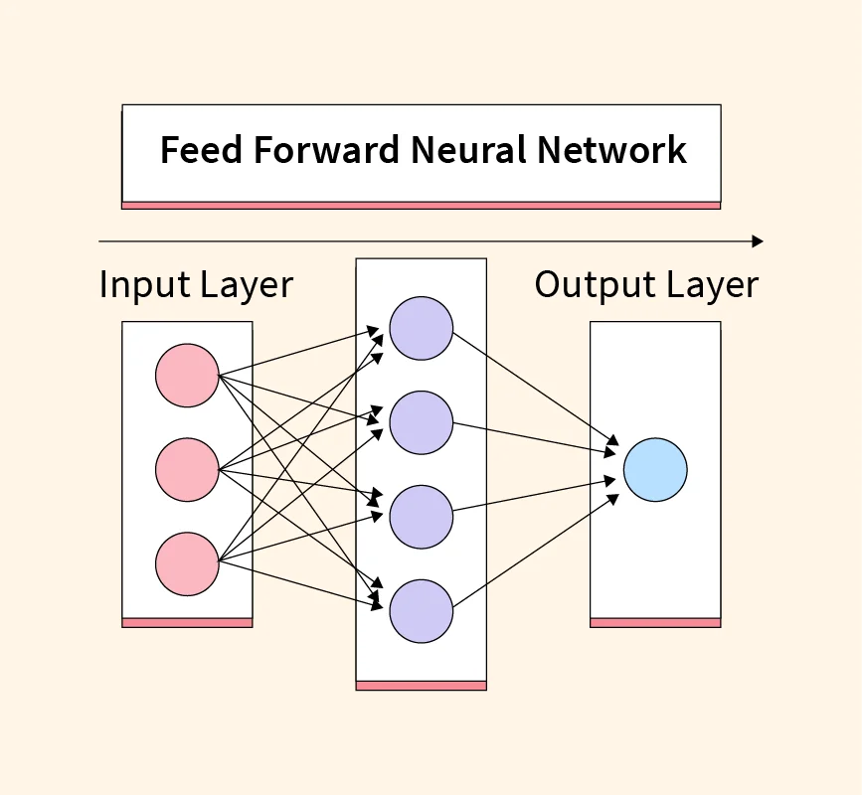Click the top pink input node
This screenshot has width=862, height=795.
pyautogui.click(x=187, y=376)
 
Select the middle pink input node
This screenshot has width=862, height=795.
pyautogui.click(x=187, y=469)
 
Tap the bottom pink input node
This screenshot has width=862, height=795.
pyautogui.click(x=187, y=563)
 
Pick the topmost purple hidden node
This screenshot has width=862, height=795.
pyautogui.click(x=422, y=328)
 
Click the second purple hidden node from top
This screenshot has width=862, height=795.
pyautogui.click(x=422, y=422)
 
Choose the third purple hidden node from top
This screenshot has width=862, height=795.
pyautogui.click(x=422, y=517)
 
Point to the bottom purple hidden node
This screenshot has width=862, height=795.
pyautogui.click(x=422, y=611)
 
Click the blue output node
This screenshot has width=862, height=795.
pyautogui.click(x=655, y=469)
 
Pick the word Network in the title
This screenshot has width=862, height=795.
pyautogui.click(x=611, y=150)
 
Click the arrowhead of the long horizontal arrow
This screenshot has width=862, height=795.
pyautogui.click(x=758, y=241)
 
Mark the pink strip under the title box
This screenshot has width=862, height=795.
pyautogui.click(x=421, y=206)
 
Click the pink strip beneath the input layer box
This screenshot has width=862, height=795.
pyautogui.click(x=187, y=623)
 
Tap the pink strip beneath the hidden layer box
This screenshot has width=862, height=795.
pyautogui.click(x=422, y=686)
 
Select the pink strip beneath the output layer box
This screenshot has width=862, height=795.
pyautogui.click(x=655, y=623)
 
